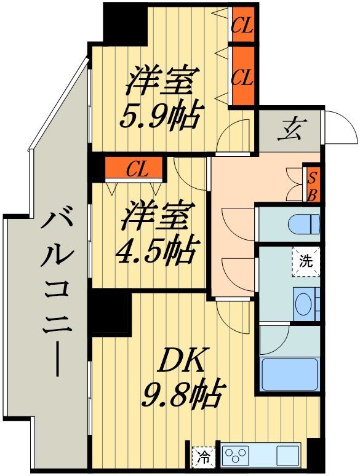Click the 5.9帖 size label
click(161, 116)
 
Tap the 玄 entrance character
click(289, 131)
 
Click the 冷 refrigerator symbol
click(202, 457)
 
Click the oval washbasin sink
click(303, 304)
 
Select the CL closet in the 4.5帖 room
click(134, 168)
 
